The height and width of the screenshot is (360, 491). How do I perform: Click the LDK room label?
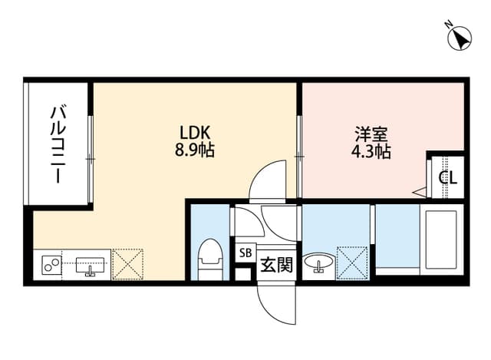[x=194, y=133]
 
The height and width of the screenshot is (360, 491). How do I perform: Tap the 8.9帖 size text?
[x=194, y=150]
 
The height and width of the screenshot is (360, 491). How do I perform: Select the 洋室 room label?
[x=371, y=134]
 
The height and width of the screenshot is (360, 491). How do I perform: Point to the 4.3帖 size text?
[x=371, y=152]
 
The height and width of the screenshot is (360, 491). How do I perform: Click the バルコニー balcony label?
[x=58, y=144]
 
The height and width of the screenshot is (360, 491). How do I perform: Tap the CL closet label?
[x=448, y=178]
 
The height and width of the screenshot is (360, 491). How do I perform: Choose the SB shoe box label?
[x=245, y=253]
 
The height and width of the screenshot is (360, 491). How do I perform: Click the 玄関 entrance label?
[x=276, y=265]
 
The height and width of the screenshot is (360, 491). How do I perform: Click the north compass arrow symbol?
[x=460, y=38]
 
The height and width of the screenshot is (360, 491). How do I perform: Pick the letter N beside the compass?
[x=448, y=24]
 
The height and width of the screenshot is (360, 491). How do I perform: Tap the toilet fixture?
[x=210, y=259]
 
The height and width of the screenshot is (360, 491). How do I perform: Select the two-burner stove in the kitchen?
[x=51, y=265]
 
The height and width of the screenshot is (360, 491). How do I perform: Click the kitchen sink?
[x=91, y=266]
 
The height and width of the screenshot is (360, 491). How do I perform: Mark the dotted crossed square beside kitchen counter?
[x=128, y=264]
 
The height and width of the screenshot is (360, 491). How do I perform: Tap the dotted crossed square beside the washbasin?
[x=352, y=263]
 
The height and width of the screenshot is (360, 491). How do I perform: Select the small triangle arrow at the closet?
[x=420, y=192]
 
